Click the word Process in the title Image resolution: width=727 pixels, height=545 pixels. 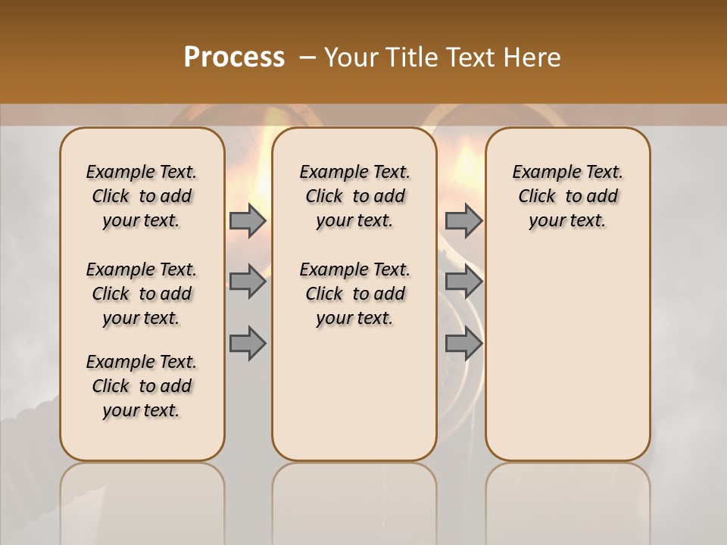[234, 58]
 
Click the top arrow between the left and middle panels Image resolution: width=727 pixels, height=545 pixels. [248, 221]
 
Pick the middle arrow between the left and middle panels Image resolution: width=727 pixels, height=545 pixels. [248, 282]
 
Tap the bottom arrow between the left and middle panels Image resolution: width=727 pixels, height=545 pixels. [248, 344]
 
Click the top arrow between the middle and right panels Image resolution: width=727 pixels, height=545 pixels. [463, 221]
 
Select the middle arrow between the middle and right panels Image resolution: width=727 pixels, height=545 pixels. [463, 282]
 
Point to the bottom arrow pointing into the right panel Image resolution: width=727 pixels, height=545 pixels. [463, 344]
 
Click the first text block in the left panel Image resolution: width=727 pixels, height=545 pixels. [142, 196]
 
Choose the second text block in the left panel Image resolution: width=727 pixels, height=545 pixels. [142, 294]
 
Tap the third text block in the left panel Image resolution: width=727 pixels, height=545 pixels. [142, 386]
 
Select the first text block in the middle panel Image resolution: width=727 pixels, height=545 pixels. [354, 196]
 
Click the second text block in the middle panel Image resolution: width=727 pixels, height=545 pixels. [354, 294]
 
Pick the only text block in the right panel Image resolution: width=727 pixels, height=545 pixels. [568, 196]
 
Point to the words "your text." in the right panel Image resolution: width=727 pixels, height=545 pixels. [568, 221]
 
